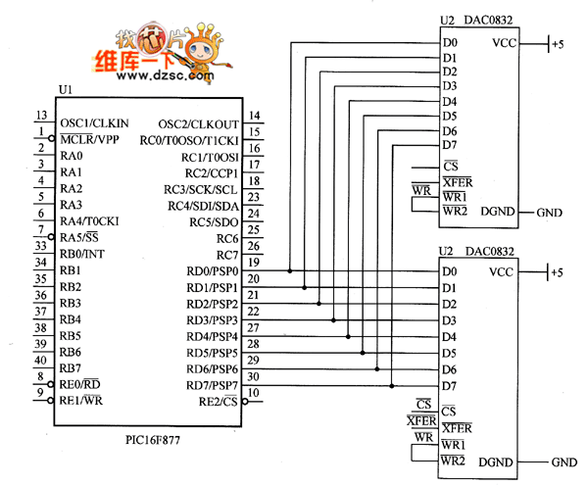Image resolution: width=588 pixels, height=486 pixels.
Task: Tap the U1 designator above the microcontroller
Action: (x=66, y=89)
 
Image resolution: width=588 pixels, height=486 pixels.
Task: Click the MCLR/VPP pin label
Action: (x=89, y=140)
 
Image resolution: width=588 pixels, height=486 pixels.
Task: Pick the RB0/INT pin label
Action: (x=81, y=254)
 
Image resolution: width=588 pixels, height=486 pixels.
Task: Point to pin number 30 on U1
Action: (x=253, y=376)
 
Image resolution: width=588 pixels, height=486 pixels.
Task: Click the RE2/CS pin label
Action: (x=219, y=402)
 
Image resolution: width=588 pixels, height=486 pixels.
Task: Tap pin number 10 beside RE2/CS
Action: (x=253, y=393)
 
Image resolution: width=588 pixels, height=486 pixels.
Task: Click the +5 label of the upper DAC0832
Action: (x=558, y=44)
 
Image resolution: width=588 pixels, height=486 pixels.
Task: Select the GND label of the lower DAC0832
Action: (x=564, y=462)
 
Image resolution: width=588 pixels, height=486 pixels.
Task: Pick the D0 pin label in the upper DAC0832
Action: (x=450, y=43)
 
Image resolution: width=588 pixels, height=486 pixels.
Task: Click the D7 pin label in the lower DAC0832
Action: (x=450, y=386)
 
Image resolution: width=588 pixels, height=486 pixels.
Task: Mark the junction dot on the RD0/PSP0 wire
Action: (x=290, y=270)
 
